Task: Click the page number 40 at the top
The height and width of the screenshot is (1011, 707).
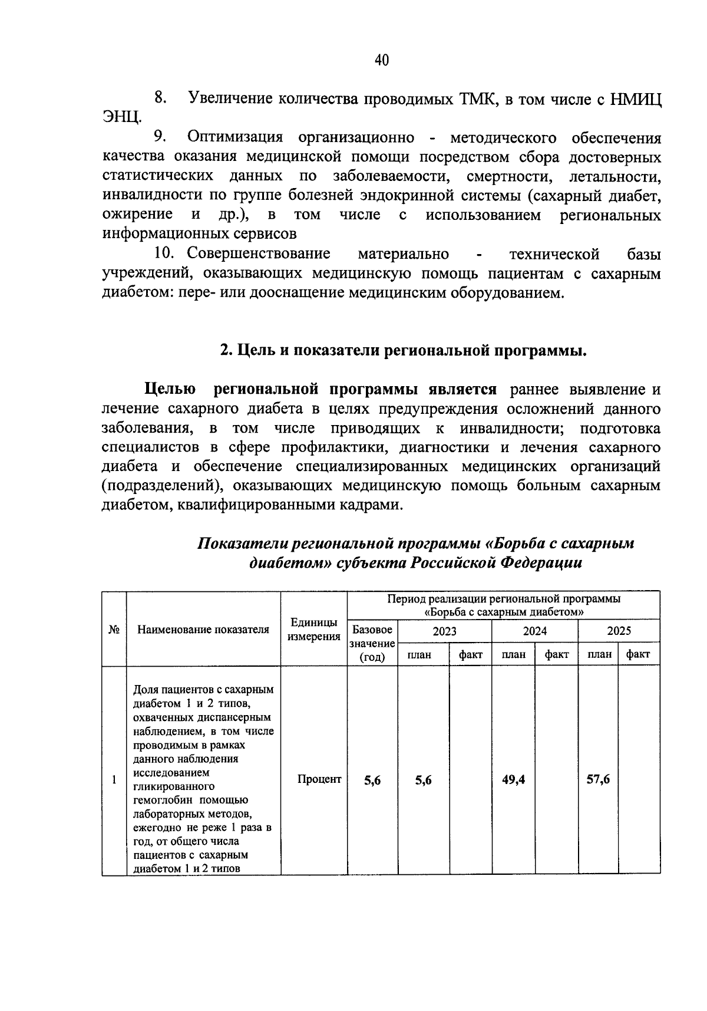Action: tap(381, 60)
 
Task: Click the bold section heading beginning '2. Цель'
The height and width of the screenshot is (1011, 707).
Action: tap(404, 351)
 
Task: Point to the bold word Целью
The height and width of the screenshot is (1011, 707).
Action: tap(171, 390)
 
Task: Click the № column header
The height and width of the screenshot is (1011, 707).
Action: tap(114, 630)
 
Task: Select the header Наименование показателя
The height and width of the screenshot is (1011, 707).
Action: tap(203, 630)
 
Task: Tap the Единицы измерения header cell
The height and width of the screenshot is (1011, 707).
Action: tap(314, 630)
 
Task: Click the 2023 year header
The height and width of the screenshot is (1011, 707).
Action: tap(444, 631)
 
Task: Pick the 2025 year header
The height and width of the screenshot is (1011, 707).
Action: tap(619, 631)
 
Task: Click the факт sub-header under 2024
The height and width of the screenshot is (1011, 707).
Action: tap(556, 654)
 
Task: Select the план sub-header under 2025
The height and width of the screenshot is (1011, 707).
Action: tap(599, 654)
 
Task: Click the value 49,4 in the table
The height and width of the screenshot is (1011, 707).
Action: tap(513, 780)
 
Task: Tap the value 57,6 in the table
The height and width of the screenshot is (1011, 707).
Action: tap(598, 780)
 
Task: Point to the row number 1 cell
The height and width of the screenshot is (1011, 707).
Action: tap(114, 780)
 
